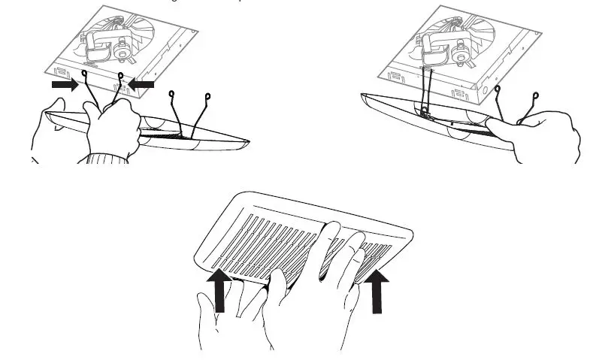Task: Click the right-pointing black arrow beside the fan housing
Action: pos(64,86)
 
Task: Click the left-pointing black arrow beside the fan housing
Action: pos(141,85)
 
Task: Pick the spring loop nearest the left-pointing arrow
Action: pos(120,75)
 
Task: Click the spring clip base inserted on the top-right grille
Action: pos(425,114)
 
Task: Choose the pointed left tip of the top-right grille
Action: pos(362,96)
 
